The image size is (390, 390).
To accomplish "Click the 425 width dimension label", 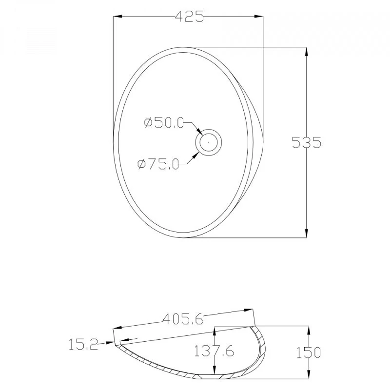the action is click(x=190, y=17).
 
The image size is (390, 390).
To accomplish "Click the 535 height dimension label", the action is click(x=306, y=142).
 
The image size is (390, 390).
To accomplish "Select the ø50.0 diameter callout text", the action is click(x=164, y=123).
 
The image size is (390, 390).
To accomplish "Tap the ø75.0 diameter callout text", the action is click(x=158, y=164).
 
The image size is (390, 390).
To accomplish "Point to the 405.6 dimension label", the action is click(x=183, y=319).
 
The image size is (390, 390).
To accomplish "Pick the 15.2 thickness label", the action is click(x=83, y=345).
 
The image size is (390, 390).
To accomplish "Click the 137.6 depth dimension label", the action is click(x=214, y=351).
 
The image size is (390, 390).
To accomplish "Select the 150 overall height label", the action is click(x=309, y=352).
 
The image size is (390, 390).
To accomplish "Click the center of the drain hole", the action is click(x=209, y=142).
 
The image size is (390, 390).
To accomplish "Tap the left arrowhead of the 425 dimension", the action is click(x=117, y=17).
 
